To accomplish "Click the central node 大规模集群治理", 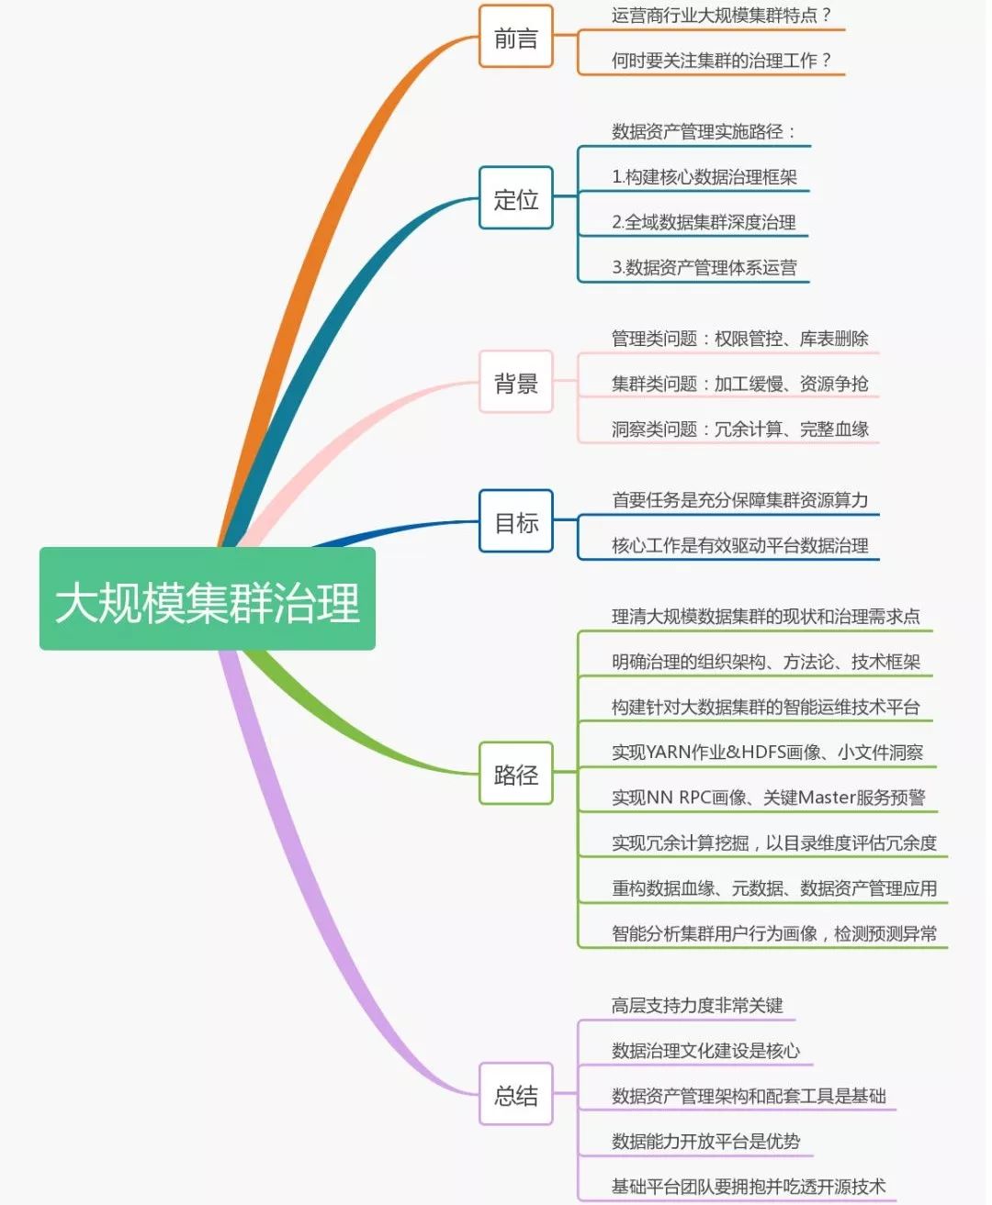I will click(208, 600).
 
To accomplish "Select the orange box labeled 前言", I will click(515, 38).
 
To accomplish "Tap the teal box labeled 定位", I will click(515, 198).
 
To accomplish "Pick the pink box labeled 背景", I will click(515, 383).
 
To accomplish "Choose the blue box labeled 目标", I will click(515, 522).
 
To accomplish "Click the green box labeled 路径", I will click(515, 774).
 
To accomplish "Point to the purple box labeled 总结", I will click(515, 1094).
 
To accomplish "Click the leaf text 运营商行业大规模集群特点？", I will click(722, 16).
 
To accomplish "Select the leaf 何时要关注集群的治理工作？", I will click(722, 61).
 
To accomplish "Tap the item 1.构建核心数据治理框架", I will click(705, 177).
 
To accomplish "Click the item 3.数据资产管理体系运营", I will click(705, 268).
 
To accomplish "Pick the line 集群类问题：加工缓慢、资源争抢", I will click(739, 384).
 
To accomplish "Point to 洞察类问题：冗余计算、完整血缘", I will click(739, 429).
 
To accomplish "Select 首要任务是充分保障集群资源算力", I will click(739, 500).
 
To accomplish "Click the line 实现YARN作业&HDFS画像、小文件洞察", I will click(767, 753).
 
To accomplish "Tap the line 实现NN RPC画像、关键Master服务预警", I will click(768, 798).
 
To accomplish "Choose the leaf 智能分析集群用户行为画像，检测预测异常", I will click(774, 933).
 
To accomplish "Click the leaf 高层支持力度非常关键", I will click(697, 1006).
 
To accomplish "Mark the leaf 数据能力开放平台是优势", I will click(705, 1142).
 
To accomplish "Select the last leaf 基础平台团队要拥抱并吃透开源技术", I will click(749, 1187).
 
